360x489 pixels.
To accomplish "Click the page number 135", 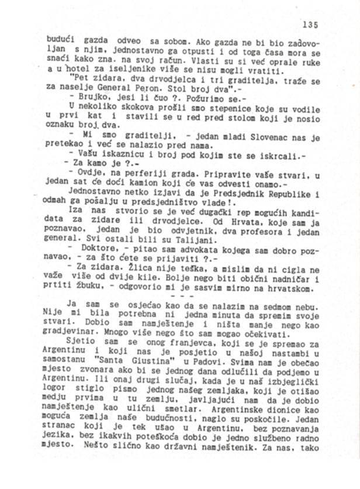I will pyautogui.click(x=310, y=25).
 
